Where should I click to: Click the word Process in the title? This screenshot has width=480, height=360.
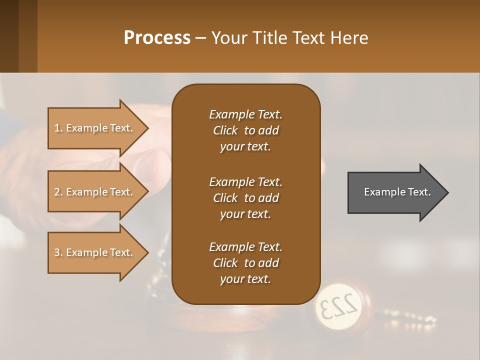coord(157,38)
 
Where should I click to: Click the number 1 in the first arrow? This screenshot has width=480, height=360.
coord(57,128)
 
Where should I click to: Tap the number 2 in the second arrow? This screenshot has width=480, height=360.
coord(57,192)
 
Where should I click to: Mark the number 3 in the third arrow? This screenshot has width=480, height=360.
coord(57,252)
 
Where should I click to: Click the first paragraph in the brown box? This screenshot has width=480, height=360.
coord(245,130)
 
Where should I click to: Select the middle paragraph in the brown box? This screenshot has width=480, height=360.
coord(245,197)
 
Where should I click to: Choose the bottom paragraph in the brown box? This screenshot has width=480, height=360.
coord(245,262)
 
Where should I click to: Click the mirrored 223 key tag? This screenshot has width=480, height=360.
coord(338,306)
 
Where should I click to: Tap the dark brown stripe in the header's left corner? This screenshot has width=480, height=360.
coord(9,36)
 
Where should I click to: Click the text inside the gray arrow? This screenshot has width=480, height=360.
coord(397,192)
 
